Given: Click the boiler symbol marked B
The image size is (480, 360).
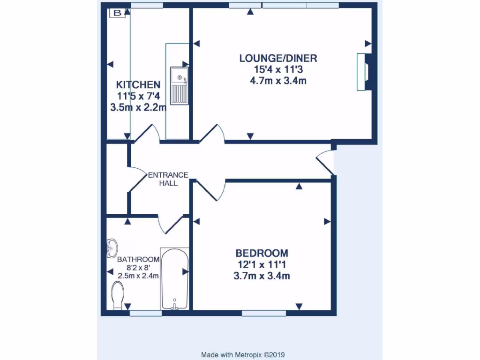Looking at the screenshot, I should [x=117, y=14].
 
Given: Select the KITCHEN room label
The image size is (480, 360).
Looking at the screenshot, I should [x=138, y=85].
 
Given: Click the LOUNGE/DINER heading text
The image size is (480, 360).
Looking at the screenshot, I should [x=278, y=59].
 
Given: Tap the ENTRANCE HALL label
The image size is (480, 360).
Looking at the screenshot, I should [x=168, y=179].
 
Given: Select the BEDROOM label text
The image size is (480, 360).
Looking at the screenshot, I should [x=262, y=254].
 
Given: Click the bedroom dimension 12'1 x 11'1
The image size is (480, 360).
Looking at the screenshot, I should [x=262, y=265].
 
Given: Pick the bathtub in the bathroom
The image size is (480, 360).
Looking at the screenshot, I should [x=175, y=279].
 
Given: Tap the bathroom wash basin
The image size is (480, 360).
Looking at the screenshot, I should [x=112, y=247].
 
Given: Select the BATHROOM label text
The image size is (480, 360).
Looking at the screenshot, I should [x=138, y=259].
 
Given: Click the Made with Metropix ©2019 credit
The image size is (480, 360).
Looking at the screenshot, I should [x=243, y=355].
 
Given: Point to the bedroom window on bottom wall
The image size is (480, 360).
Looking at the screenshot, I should [x=264, y=313].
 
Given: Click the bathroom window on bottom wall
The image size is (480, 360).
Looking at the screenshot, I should [x=146, y=313].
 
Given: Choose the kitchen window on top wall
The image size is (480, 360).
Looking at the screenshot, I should [x=147, y=5].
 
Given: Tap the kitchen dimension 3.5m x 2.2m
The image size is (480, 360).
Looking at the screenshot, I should [x=138, y=107].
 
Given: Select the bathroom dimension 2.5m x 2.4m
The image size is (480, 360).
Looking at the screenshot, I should [x=138, y=275].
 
